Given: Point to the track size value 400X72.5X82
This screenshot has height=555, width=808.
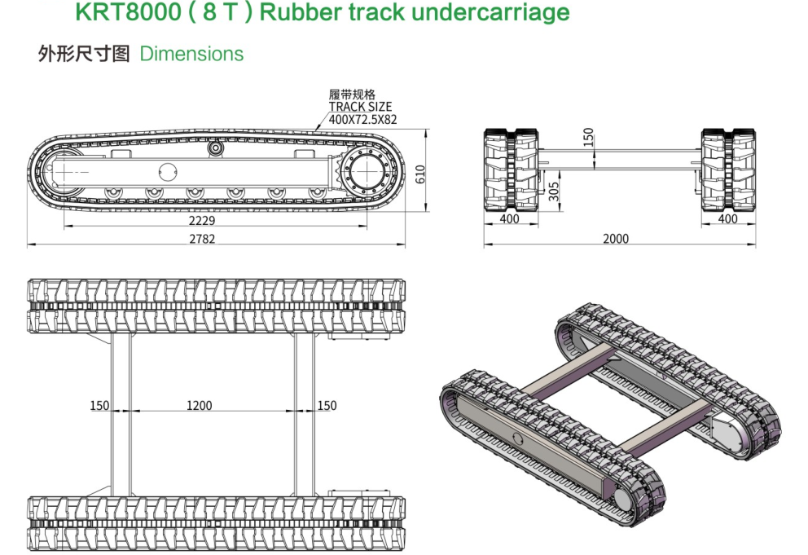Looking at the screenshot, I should (x=362, y=119).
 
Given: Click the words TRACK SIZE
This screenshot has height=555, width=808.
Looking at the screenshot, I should (x=360, y=107).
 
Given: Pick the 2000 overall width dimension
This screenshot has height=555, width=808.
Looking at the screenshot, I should (x=616, y=239).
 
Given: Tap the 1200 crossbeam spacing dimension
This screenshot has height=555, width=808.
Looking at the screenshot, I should (x=199, y=405).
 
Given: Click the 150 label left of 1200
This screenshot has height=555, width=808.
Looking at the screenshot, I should (x=99, y=405).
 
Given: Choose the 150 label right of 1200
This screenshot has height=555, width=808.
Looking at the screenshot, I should (x=327, y=405).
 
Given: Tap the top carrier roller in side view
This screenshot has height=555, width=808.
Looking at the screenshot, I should (x=216, y=149).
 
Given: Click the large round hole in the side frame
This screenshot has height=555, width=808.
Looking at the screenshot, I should (x=168, y=172).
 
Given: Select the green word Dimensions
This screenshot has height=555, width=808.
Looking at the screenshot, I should (x=191, y=54).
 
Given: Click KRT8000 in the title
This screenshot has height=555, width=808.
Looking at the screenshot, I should (x=122, y=13).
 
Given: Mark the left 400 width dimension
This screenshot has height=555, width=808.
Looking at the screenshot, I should (x=509, y=219).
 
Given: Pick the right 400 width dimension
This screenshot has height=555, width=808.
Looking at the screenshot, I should (x=727, y=219).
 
